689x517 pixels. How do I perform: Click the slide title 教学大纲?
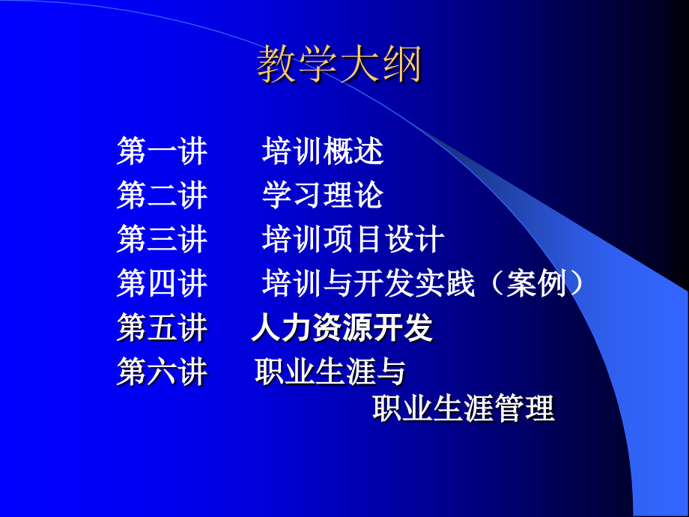pyautogui.click(x=339, y=64)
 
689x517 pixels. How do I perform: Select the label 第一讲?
pyautogui.click(x=162, y=151)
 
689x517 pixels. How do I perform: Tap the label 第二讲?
pyautogui.click(x=162, y=196)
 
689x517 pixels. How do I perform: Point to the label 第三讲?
pyautogui.click(x=162, y=240)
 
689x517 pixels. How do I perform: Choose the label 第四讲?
pyautogui.click(x=162, y=284)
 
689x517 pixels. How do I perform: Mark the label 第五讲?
pyautogui.click(x=162, y=328)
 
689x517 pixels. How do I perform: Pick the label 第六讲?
pyautogui.click(x=162, y=372)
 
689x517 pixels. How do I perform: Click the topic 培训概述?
pyautogui.click(x=323, y=151)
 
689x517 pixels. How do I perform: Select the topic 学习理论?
pyautogui.click(x=323, y=196)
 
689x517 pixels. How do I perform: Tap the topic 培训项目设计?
pyautogui.click(x=353, y=240)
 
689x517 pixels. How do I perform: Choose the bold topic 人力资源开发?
pyautogui.click(x=342, y=328)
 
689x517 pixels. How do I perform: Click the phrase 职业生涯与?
pyautogui.click(x=330, y=372)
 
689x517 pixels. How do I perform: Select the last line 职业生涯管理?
pyautogui.click(x=464, y=409)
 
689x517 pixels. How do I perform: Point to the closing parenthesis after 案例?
pyautogui.click(x=574, y=284)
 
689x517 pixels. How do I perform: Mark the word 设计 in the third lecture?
pyautogui.click(x=414, y=240)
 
